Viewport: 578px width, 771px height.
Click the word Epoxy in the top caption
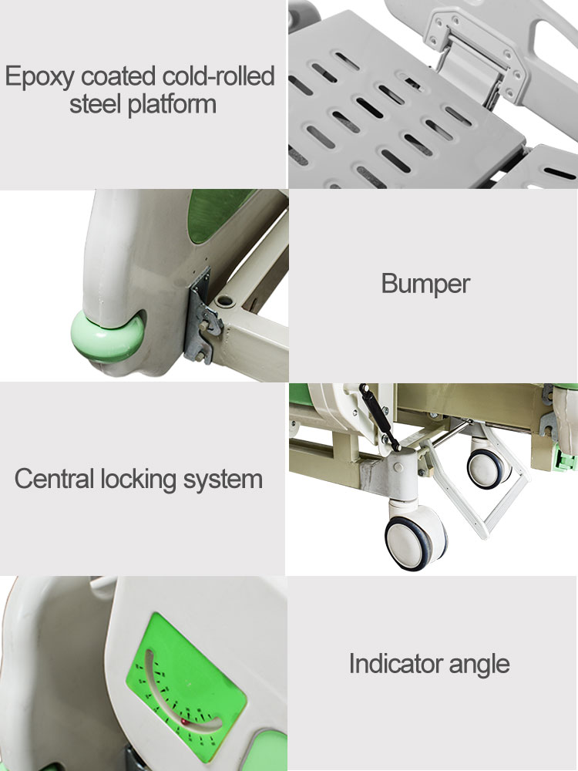pos(40,78)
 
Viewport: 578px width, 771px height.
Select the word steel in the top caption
pos(96,104)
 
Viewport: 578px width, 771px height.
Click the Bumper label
pos(425,284)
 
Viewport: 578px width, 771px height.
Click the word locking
pos(140,479)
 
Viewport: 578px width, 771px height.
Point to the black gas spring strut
pos(380,416)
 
